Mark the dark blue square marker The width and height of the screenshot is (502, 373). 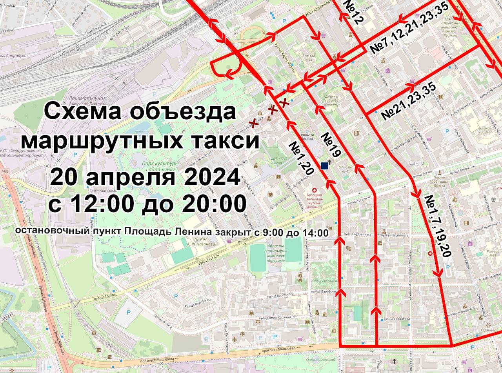(324, 166)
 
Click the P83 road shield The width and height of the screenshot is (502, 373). (4, 171)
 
